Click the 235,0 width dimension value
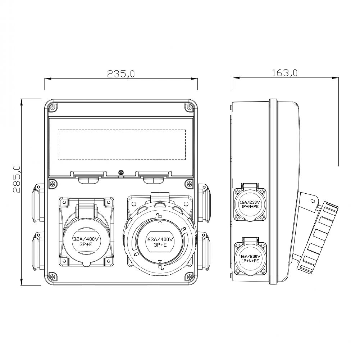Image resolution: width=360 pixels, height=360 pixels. pyautogui.click(x=121, y=73)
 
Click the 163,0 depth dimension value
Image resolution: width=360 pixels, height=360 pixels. pyautogui.click(x=284, y=73)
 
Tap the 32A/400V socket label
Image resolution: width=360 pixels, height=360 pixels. pyautogui.click(x=86, y=242)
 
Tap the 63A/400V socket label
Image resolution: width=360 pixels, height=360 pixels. pyautogui.click(x=160, y=242)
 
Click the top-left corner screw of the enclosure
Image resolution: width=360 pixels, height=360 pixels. pyautogui.click(x=53, y=107)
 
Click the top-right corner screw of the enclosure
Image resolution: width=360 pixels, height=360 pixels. pyautogui.click(x=189, y=107)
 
